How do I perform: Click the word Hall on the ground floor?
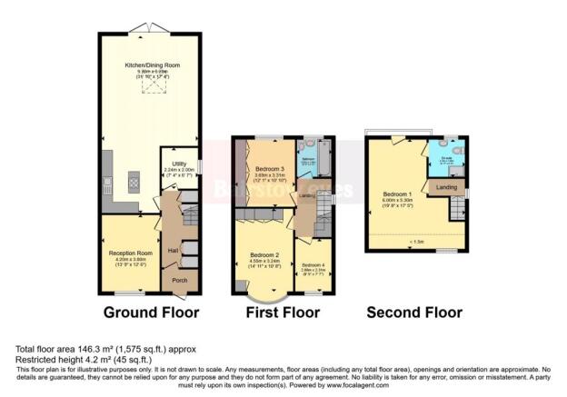(173, 248)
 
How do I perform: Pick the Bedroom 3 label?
(271, 169)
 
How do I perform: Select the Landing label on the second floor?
(447, 188)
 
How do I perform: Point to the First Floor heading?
(283, 313)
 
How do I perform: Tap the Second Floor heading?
(413, 313)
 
